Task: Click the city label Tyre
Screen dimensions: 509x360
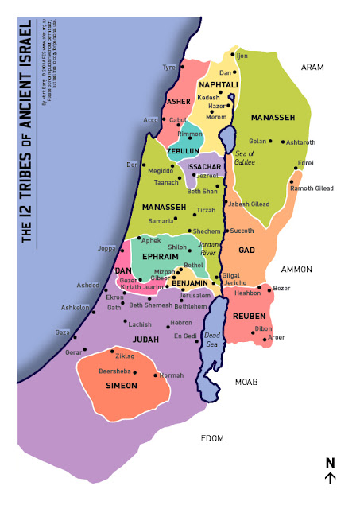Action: pos(168,68)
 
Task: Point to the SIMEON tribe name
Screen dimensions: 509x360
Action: pos(122,386)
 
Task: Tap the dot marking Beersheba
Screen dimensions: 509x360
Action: pos(136,373)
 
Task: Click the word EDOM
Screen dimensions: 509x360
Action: pos(212,438)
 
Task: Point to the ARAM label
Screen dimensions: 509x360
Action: pos(312,68)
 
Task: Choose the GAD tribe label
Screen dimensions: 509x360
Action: pos(246,251)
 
